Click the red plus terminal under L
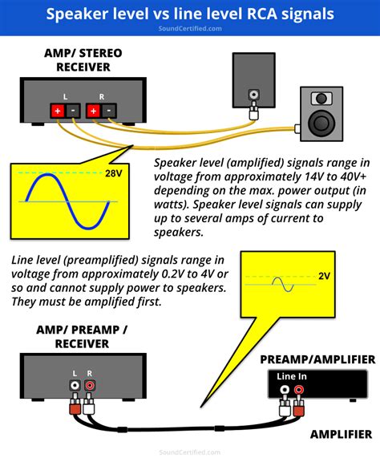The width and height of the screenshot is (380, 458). pos(57,111)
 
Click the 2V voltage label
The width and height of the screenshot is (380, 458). pos(324,275)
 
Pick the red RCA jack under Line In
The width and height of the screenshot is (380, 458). pos(298,392)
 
